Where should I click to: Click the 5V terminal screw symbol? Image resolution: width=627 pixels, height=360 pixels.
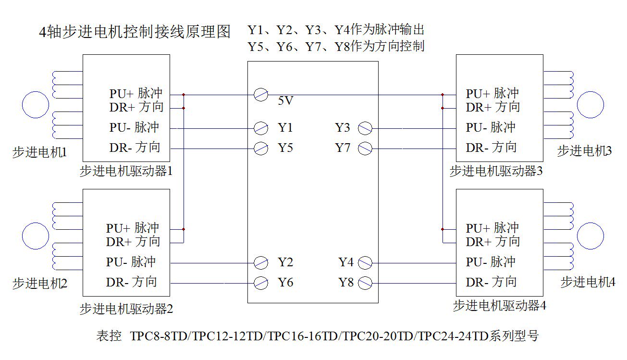[x=261, y=95]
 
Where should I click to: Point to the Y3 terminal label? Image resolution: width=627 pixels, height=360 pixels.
[x=343, y=128]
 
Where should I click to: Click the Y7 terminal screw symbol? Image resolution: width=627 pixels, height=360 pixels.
[x=365, y=149]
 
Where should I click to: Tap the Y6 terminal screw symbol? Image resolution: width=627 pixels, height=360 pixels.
[x=261, y=283]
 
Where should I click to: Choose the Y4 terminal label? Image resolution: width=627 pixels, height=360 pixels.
[x=346, y=262]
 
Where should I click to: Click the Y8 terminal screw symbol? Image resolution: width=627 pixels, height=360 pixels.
[x=365, y=283]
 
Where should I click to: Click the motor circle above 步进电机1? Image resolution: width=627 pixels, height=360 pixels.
[x=36, y=104]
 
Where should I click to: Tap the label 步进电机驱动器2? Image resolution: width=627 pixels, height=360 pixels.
[x=126, y=309]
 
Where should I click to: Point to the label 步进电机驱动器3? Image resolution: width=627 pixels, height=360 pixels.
[x=496, y=171]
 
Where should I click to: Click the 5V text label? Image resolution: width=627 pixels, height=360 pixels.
[x=285, y=101]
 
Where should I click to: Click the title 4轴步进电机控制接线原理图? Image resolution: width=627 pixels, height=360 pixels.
[x=135, y=32]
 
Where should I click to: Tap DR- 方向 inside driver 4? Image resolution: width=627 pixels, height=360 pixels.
[x=491, y=282]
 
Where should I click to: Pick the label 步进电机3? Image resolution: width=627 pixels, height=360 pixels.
[x=584, y=151]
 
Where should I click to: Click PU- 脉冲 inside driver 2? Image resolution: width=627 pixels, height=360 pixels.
[x=131, y=262]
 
